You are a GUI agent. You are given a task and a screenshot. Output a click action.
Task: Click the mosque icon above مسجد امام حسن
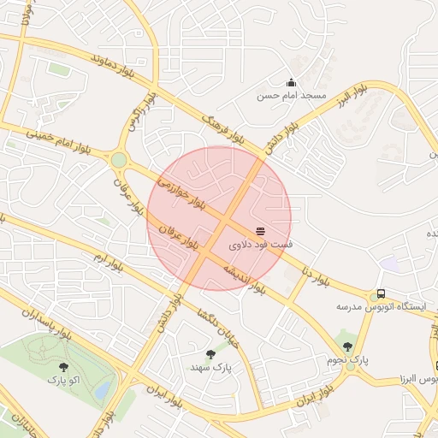(x=291, y=83)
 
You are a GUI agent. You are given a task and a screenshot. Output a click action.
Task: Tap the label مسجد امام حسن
(x=292, y=96)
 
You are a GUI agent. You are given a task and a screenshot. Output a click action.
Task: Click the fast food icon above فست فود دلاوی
(x=260, y=232)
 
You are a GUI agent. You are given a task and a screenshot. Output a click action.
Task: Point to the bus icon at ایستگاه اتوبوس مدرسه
(x=381, y=293)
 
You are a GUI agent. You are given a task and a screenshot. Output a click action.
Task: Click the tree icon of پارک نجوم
(x=347, y=346)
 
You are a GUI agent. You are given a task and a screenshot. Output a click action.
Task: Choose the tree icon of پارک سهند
(x=210, y=353)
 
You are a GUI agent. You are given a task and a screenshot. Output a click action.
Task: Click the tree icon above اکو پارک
(x=62, y=365)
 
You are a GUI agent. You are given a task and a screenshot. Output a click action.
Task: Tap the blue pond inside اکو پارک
(x=103, y=389)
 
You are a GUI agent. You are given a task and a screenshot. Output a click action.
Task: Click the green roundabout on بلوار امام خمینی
(x=118, y=160)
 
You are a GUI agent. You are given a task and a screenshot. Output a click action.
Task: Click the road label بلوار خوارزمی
(x=182, y=192)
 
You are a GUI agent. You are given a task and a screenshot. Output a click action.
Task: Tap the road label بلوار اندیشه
(x=245, y=280)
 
